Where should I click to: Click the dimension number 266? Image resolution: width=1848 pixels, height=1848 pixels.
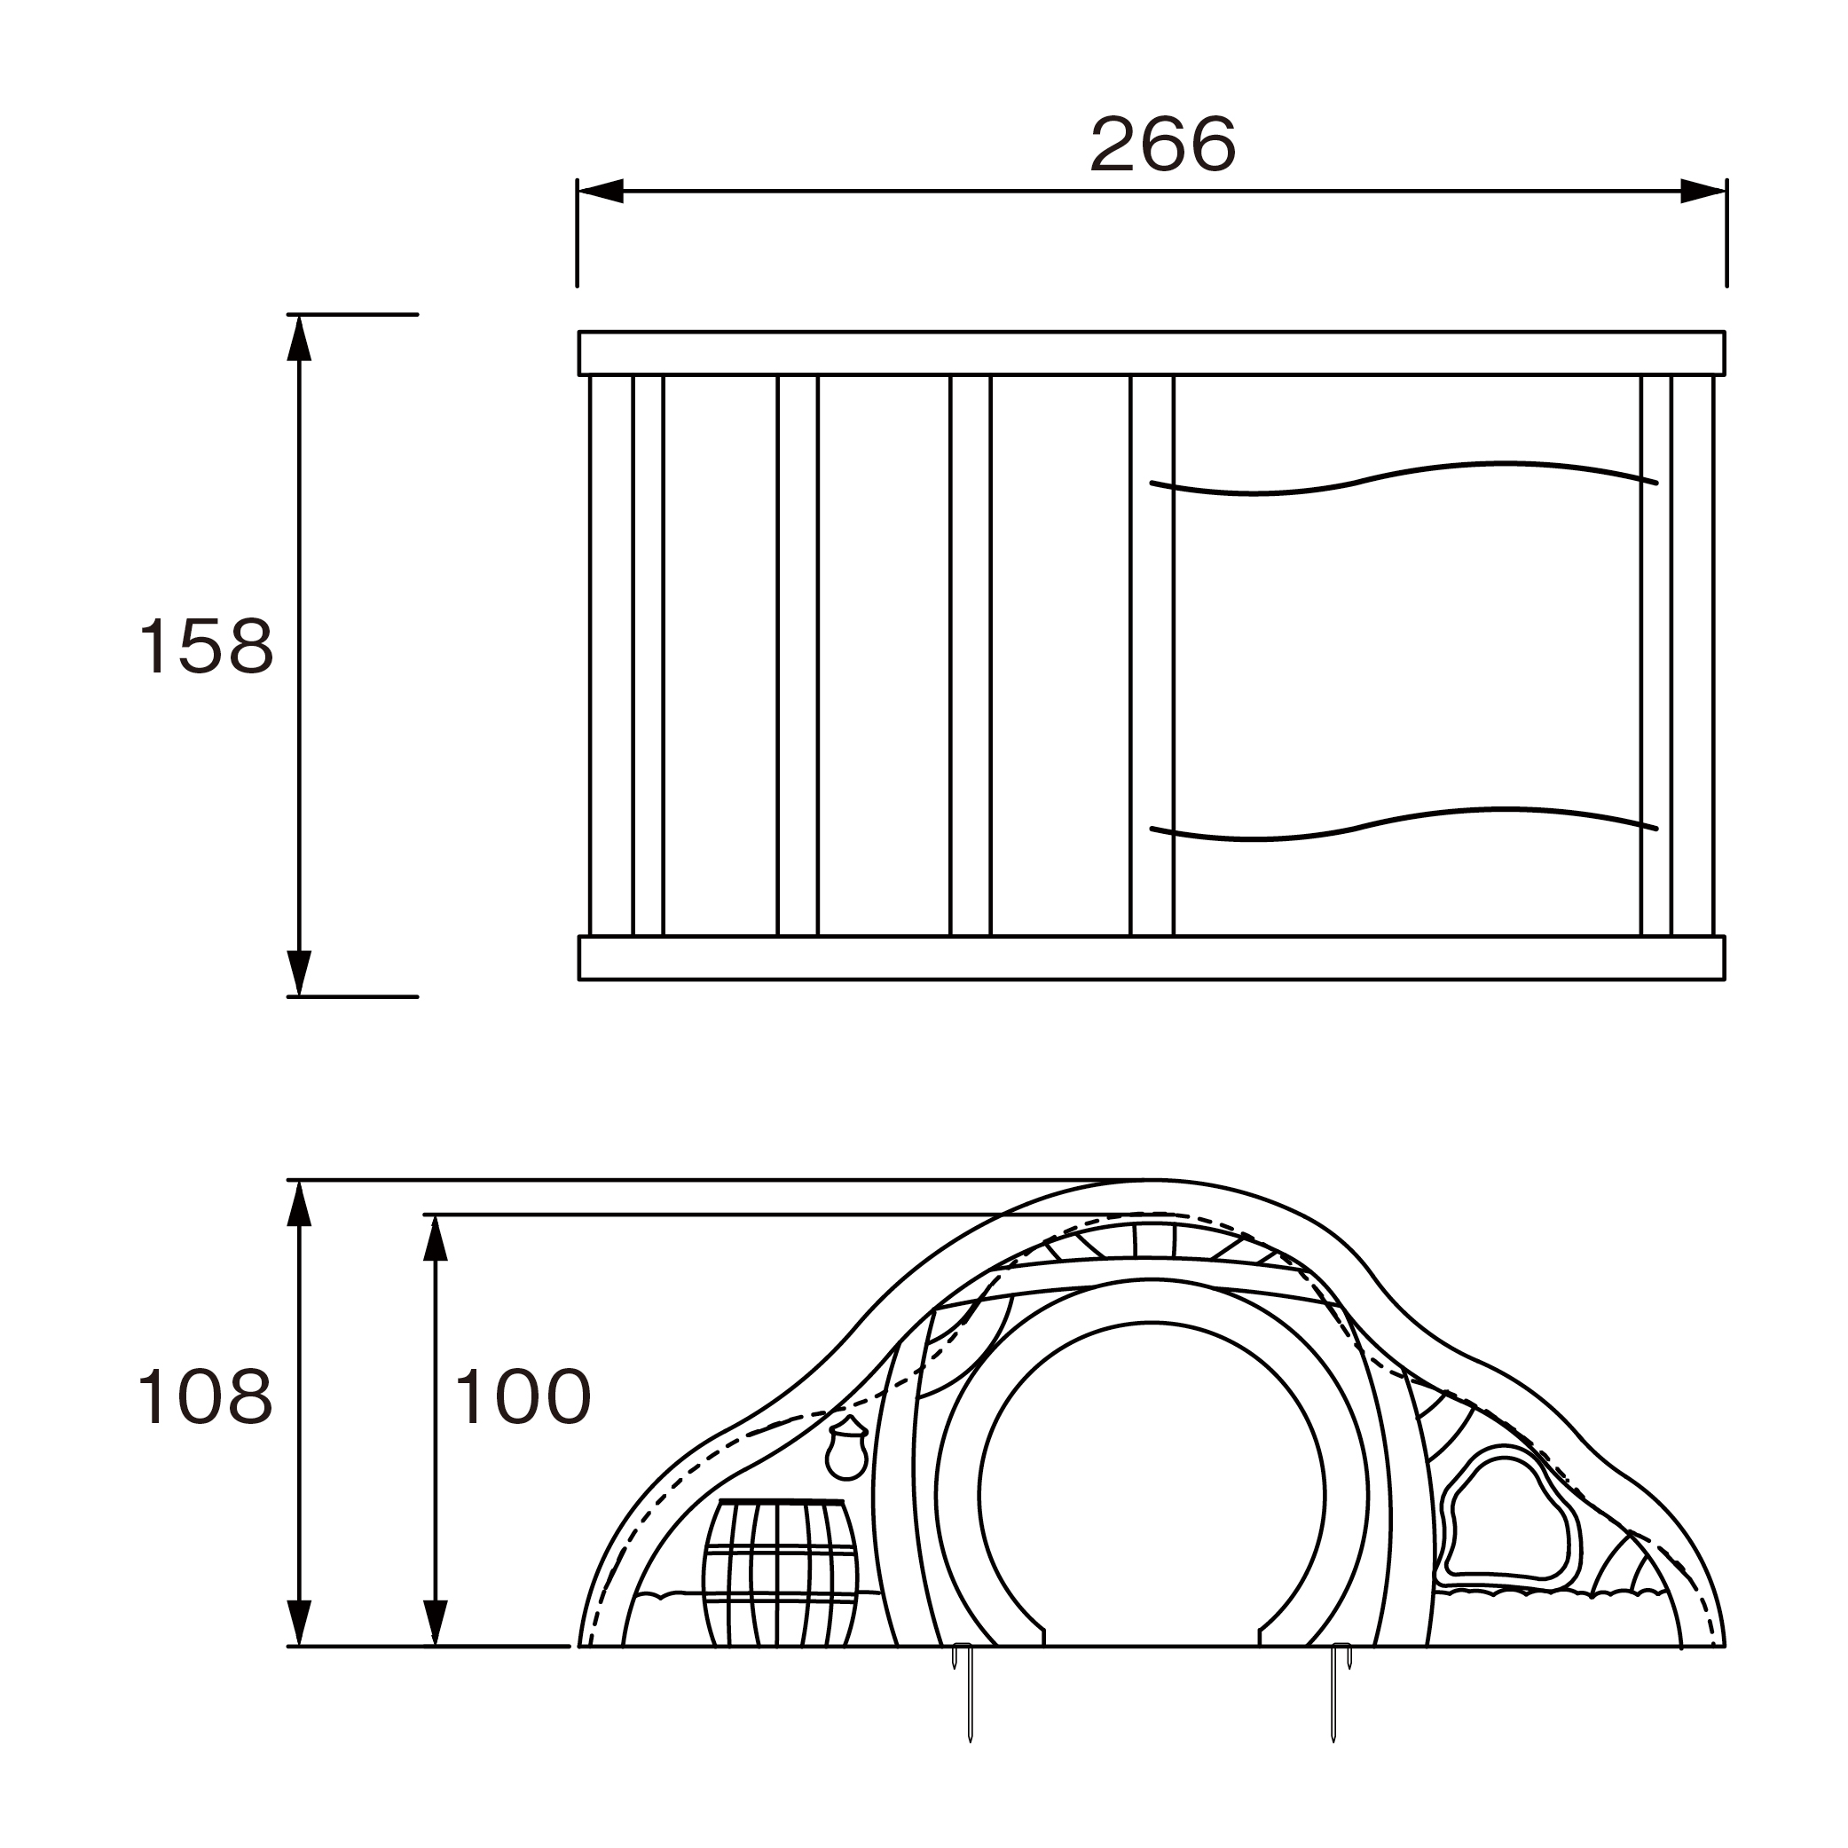tap(1163, 145)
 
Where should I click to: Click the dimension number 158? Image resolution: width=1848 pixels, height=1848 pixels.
tap(207, 646)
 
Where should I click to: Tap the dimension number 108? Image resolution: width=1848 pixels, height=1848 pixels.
tap(207, 1397)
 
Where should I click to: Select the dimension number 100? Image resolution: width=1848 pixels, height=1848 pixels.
tap(523, 1397)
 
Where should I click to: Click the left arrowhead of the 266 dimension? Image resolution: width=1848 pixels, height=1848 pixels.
tap(601, 191)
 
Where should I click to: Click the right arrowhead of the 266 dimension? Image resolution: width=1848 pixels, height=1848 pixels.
tap(1703, 191)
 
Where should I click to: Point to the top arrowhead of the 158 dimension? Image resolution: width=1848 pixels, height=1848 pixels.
tap(299, 338)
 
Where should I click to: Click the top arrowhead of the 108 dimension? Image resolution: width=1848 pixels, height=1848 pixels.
tap(299, 1203)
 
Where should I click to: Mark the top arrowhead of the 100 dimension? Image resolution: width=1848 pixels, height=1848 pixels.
tap(436, 1239)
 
